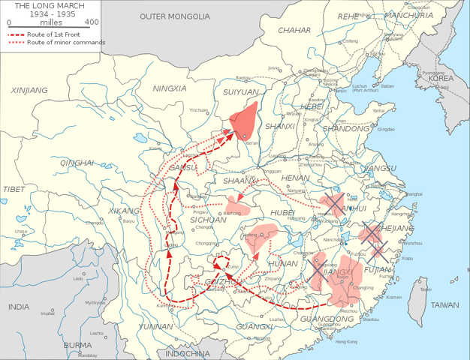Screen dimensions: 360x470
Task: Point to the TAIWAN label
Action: (444, 305)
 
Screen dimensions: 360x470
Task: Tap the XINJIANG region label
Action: (29, 90)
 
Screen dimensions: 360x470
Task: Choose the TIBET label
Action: (14, 189)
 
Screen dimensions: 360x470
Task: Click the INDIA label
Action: (19, 307)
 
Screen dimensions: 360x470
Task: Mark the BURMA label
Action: (77, 346)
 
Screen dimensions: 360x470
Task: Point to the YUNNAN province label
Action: (155, 327)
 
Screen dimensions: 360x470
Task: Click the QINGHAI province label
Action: (78, 163)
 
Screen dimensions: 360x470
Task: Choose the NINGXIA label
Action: (170, 88)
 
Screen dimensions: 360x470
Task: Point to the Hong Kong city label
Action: (346, 341)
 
